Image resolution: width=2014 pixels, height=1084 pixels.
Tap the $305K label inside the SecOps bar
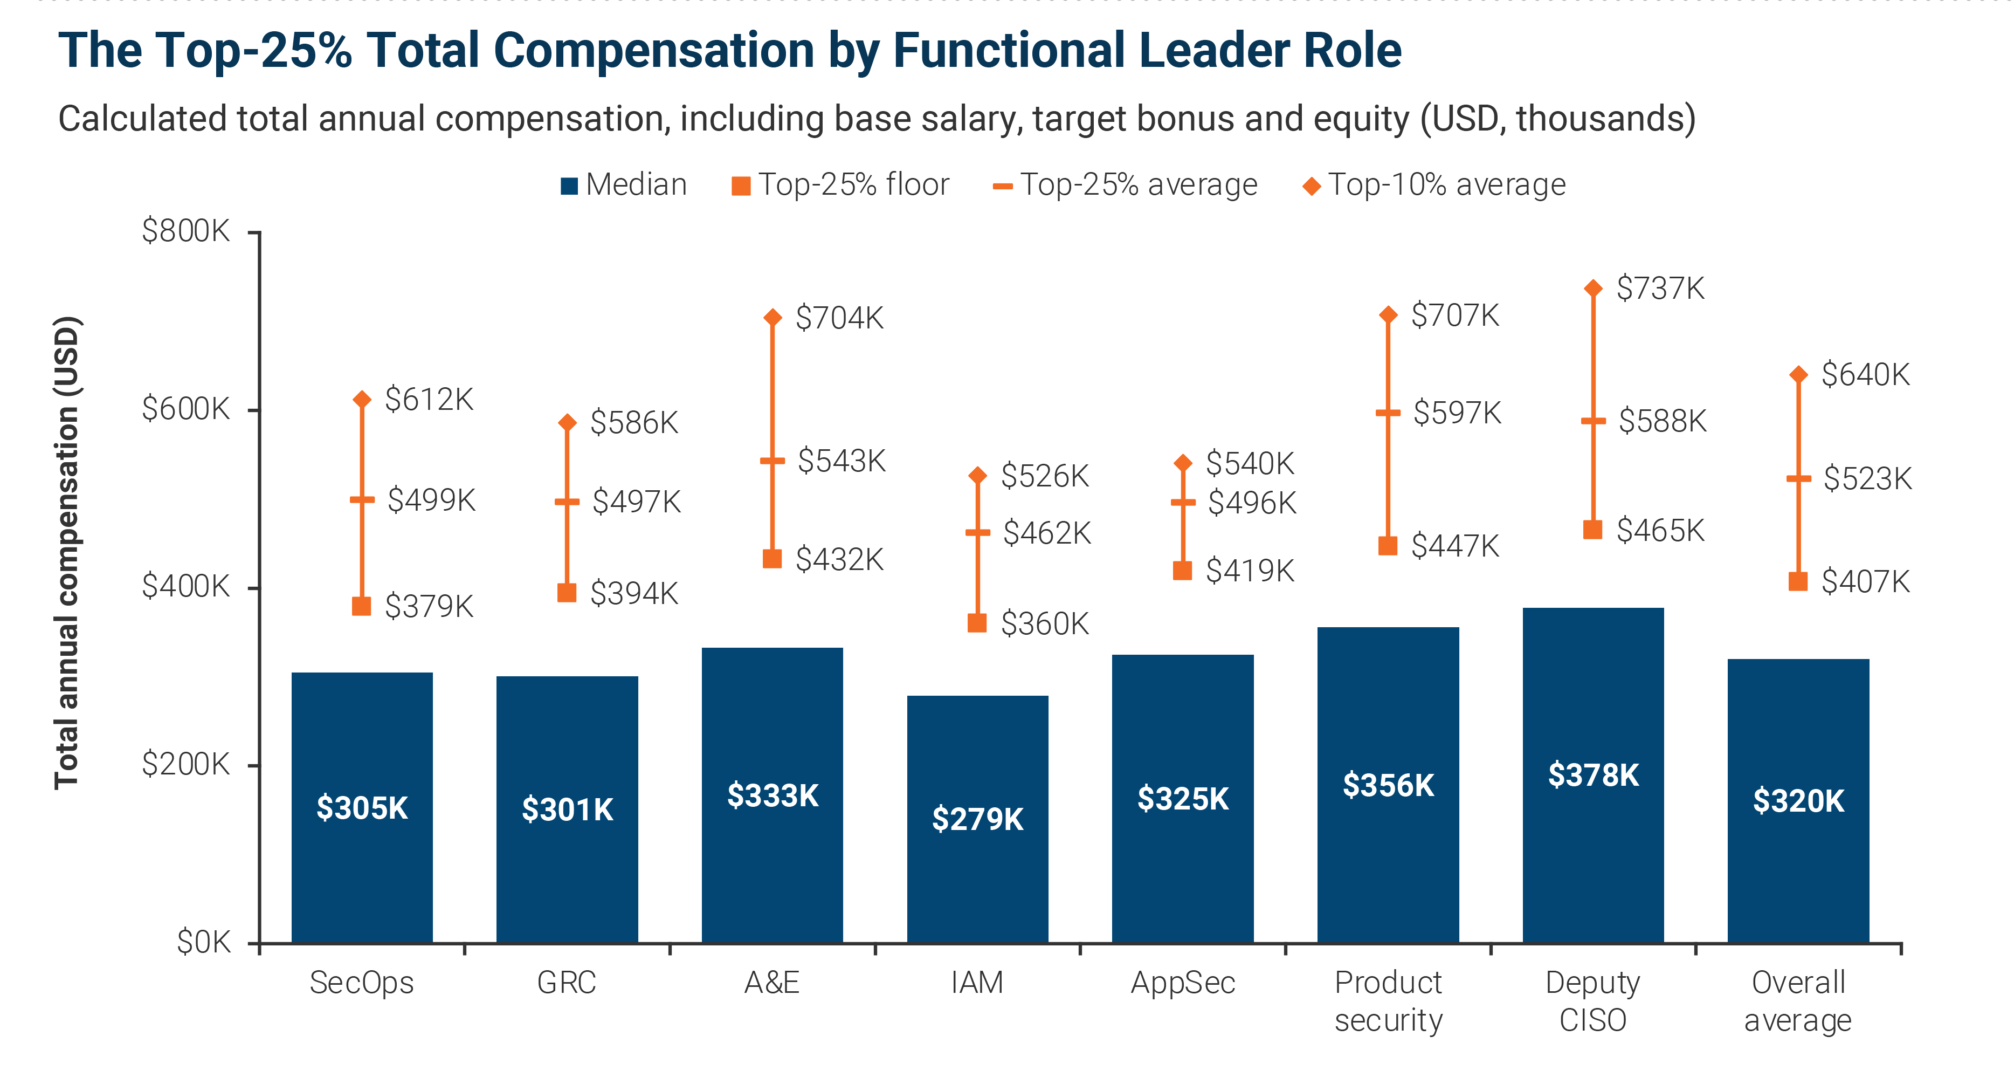362,807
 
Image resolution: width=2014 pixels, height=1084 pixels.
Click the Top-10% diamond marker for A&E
773,317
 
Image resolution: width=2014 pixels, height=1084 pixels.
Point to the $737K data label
1660,288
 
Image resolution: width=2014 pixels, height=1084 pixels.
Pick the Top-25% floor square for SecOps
361,606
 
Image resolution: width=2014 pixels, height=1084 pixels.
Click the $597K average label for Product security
1457,412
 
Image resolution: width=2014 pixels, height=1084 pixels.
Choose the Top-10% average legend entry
1434,184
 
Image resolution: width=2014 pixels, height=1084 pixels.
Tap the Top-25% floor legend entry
840,184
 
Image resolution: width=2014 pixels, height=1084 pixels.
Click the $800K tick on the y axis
185,231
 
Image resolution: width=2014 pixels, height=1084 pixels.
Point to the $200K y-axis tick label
185,764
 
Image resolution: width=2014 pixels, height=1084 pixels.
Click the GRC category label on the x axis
567,982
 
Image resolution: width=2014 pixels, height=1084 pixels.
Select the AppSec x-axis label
1182,982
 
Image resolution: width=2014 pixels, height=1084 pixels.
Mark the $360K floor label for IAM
1045,623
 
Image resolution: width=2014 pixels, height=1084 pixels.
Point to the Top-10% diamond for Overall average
1798,375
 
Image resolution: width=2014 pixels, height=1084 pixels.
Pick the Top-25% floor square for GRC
567,593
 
